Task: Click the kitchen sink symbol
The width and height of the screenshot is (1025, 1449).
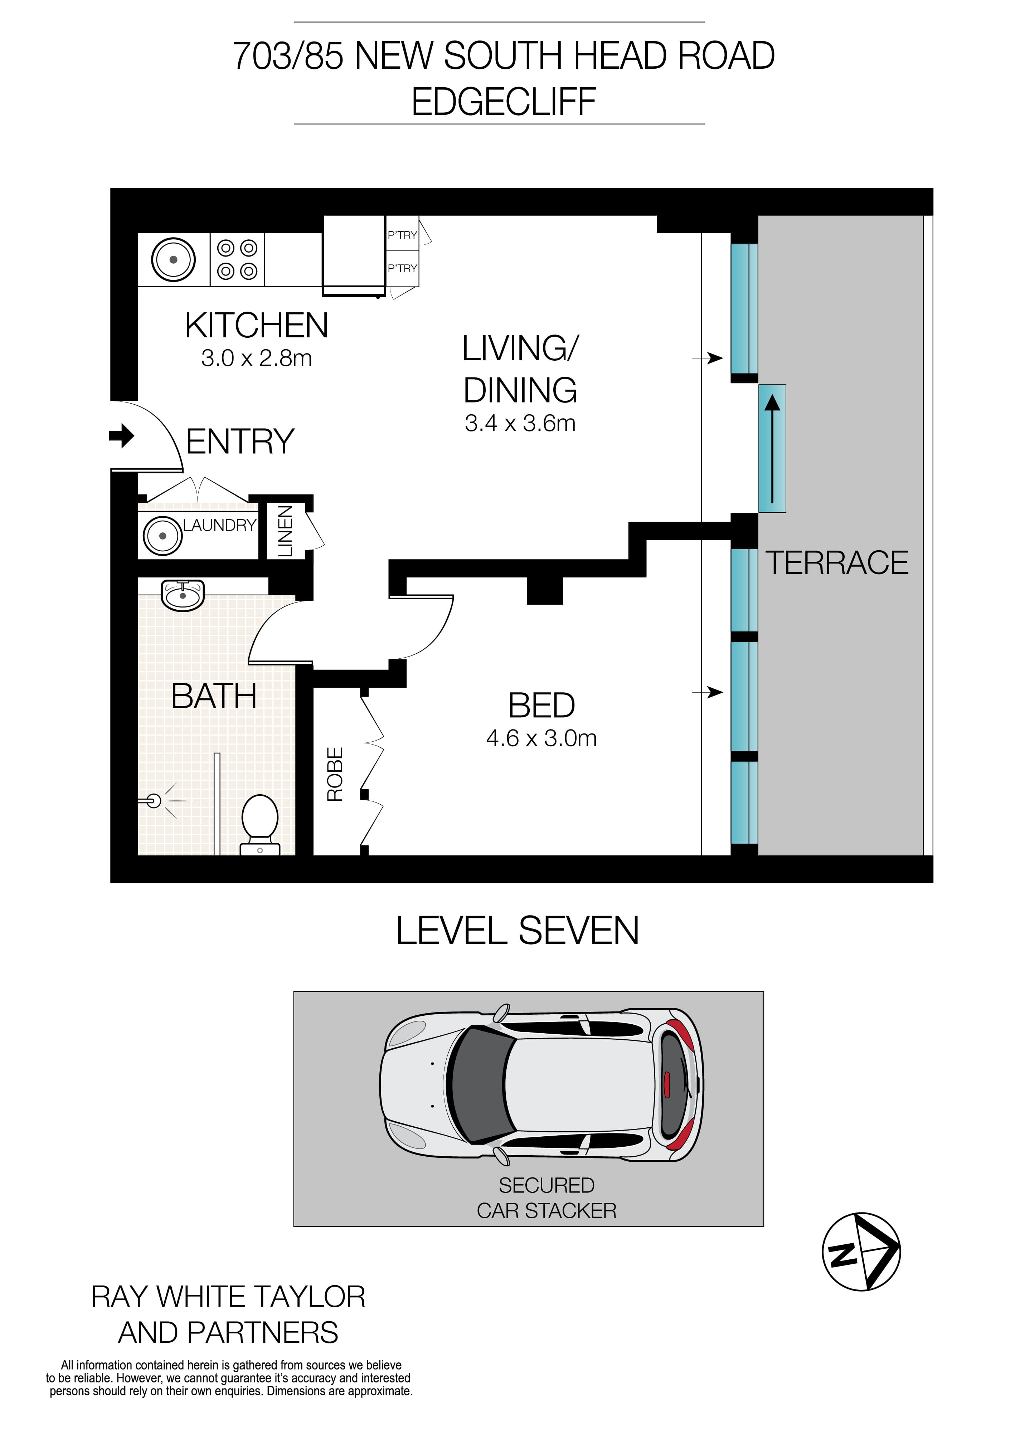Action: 173,259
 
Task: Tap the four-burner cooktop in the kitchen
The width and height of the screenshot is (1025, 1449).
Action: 237,259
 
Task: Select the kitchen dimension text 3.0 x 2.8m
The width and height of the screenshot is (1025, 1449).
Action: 256,358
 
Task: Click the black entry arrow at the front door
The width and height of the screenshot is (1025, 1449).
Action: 122,435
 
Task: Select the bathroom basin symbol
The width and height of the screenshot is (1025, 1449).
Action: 183,595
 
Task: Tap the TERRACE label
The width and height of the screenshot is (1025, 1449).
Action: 836,563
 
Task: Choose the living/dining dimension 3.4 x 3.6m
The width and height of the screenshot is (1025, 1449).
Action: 520,423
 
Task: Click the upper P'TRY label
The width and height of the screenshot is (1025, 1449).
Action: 402,235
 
